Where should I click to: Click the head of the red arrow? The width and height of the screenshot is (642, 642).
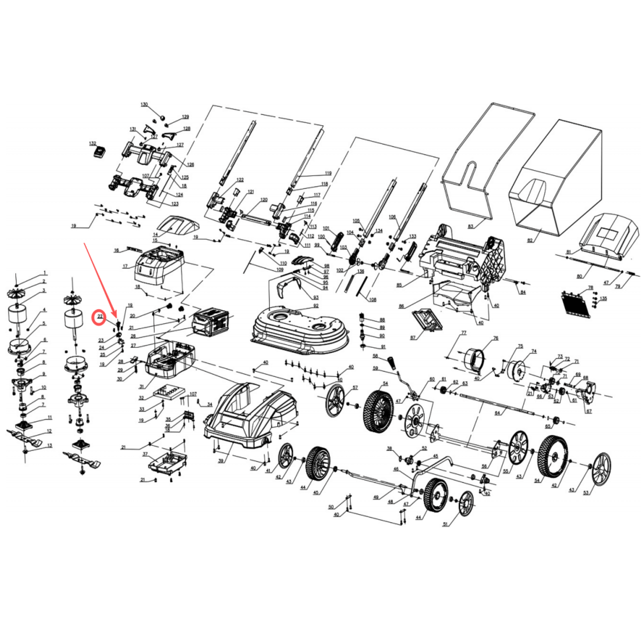116,317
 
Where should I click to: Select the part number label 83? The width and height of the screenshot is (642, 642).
471,226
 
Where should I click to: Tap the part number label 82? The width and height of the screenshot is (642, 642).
530,240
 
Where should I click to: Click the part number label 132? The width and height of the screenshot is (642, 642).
93,143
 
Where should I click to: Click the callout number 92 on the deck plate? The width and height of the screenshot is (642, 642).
316,306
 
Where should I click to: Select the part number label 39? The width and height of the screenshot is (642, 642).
221,461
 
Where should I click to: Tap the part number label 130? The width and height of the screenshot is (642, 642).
144,104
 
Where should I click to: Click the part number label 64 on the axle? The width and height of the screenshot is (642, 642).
498,413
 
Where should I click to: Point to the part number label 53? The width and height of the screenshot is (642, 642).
586,493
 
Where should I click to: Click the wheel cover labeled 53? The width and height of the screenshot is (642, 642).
601,469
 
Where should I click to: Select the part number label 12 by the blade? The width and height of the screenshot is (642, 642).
49,431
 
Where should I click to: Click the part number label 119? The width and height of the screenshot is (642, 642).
328,173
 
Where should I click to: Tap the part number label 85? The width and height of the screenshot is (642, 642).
399,285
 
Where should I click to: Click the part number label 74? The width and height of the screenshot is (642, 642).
534,351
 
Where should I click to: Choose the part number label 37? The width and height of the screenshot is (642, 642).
145,454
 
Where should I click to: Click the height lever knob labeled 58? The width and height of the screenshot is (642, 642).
392,363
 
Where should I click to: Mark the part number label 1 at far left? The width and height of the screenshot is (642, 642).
45,273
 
